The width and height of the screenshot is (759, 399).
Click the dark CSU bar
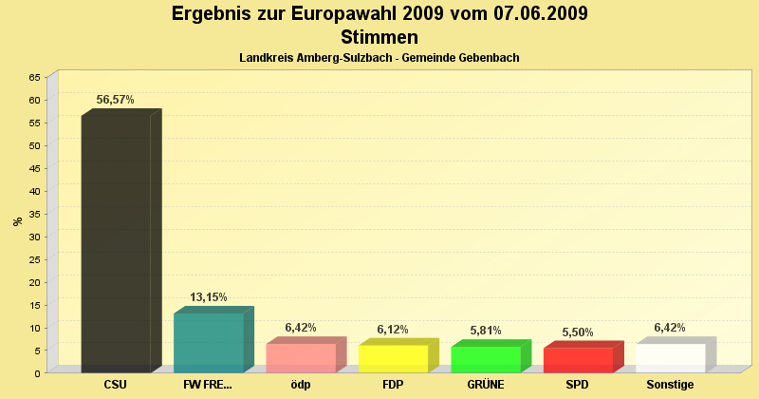point(116,243)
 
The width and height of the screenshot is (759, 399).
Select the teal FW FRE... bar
point(209,343)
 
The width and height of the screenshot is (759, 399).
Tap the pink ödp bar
point(301,358)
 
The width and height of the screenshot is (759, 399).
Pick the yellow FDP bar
point(393,359)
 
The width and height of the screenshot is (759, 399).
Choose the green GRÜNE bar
point(486,360)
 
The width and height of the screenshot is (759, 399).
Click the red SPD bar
point(578,360)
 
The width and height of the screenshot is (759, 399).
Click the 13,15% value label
point(209,297)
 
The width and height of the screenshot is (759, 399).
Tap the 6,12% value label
point(393,329)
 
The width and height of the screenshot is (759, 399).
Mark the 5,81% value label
point(486,330)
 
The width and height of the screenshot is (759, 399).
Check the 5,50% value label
point(578,332)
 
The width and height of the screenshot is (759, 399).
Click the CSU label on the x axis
point(116,385)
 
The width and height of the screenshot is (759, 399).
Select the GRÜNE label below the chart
point(486,385)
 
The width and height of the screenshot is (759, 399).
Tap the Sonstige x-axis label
point(671,385)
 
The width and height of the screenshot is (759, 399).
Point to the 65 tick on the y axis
point(35,77)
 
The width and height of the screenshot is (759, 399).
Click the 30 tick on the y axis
point(35,237)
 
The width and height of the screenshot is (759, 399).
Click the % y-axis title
point(17,221)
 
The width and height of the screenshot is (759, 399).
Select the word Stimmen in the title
point(379,37)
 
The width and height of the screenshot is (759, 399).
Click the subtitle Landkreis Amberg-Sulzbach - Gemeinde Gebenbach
point(379,58)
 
